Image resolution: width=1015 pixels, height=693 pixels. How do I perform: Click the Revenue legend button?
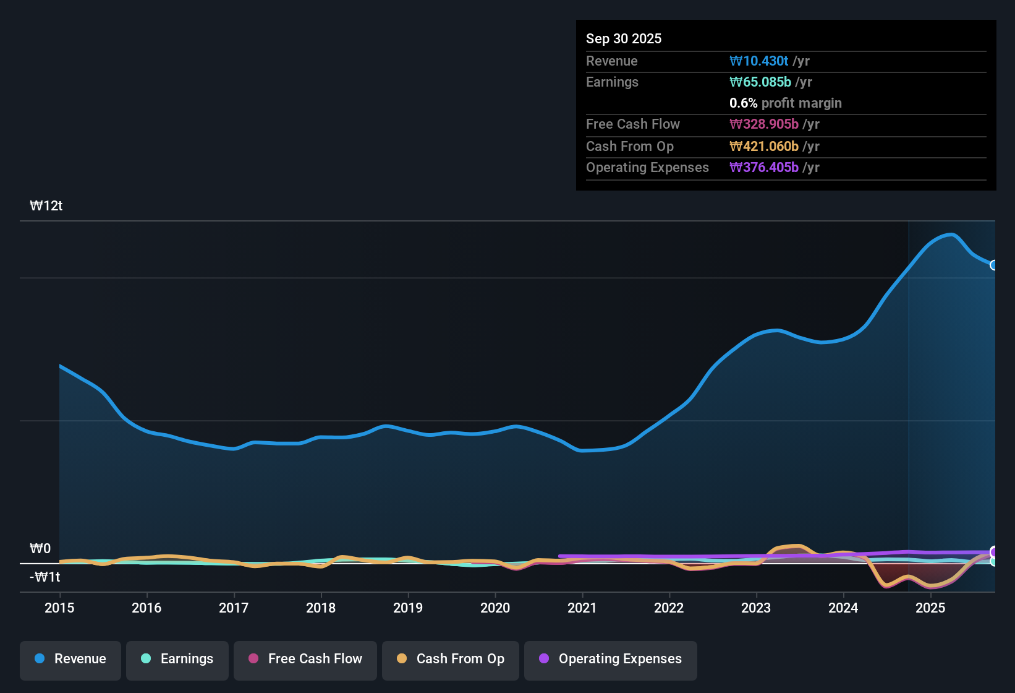click(70, 659)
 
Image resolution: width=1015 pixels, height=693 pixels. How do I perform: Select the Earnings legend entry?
click(177, 659)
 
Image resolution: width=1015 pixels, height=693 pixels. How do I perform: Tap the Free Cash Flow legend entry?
click(305, 659)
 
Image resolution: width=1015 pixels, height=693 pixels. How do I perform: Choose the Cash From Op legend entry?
click(451, 659)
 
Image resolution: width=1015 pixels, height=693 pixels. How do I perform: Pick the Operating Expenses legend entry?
click(611, 659)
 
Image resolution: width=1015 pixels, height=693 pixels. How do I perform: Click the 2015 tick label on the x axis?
click(59, 608)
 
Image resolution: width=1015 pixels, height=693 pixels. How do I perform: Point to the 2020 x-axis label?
click(495, 608)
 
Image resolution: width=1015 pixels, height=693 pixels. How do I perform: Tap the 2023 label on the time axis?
click(756, 608)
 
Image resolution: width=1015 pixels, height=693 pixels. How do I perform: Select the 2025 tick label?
click(930, 608)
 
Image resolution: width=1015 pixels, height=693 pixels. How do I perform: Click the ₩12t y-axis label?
click(46, 206)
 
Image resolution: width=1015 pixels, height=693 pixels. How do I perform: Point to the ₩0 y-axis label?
click(40, 549)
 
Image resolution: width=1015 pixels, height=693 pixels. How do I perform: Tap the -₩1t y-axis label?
click(45, 577)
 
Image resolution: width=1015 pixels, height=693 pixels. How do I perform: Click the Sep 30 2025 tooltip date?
click(624, 38)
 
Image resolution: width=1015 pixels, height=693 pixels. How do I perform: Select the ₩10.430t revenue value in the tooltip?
click(758, 61)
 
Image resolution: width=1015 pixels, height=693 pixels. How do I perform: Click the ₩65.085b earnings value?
click(760, 82)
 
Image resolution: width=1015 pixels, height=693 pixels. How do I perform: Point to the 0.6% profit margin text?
click(785, 103)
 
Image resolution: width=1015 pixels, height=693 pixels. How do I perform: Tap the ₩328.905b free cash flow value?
click(764, 124)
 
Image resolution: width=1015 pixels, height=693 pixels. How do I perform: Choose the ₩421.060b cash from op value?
click(764, 146)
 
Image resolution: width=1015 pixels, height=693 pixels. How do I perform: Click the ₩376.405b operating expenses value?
click(764, 167)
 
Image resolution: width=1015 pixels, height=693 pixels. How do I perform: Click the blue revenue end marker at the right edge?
click(993, 265)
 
